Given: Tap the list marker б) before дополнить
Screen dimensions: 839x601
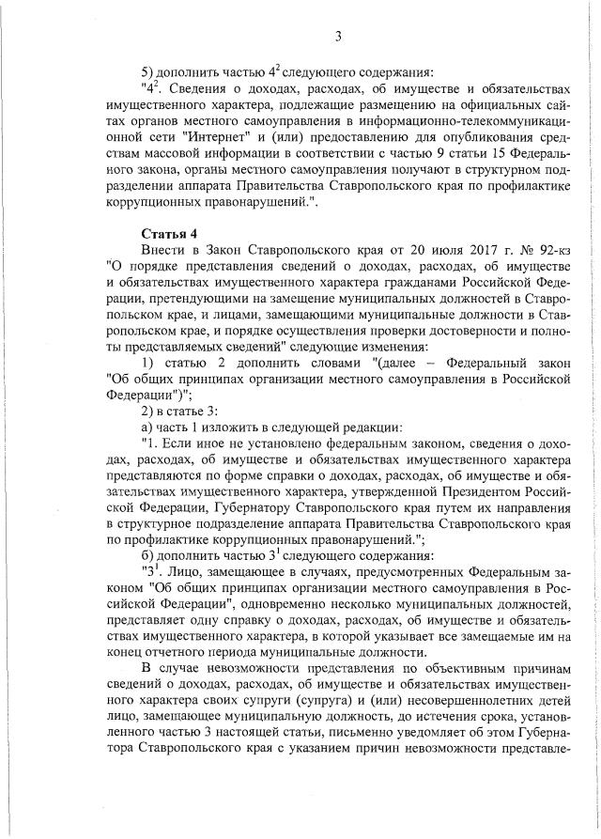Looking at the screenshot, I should pos(147,555).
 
